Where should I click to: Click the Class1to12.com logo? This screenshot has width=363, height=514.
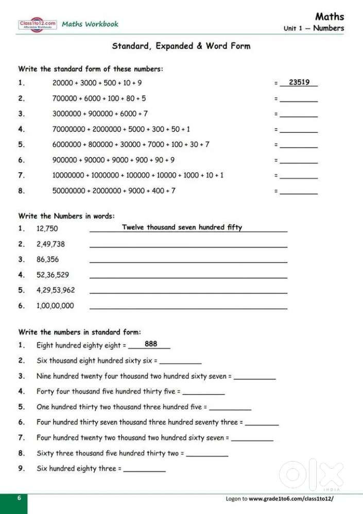click(x=38, y=24)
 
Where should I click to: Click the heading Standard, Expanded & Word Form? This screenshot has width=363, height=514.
click(x=181, y=46)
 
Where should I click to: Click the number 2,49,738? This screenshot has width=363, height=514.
click(x=50, y=244)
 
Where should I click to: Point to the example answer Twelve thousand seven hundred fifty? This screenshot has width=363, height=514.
click(x=182, y=227)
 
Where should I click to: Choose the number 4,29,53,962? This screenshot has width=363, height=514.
click(x=56, y=290)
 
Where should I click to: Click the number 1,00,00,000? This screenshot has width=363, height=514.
click(x=55, y=306)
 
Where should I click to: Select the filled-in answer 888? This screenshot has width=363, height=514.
click(x=151, y=344)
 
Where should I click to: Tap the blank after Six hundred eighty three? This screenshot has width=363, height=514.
click(x=145, y=470)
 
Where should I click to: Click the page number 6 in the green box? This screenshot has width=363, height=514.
click(x=19, y=498)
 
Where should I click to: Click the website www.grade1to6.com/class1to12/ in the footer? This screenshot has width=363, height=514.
click(x=291, y=499)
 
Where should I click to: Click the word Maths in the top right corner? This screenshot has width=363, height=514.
click(x=330, y=16)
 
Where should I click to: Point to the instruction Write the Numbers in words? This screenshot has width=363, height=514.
click(x=67, y=216)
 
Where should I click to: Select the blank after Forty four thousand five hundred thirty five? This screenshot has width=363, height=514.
click(x=203, y=393)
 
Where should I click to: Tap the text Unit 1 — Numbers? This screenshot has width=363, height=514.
click(x=314, y=28)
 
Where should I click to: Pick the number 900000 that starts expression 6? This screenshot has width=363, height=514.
click(x=64, y=160)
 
